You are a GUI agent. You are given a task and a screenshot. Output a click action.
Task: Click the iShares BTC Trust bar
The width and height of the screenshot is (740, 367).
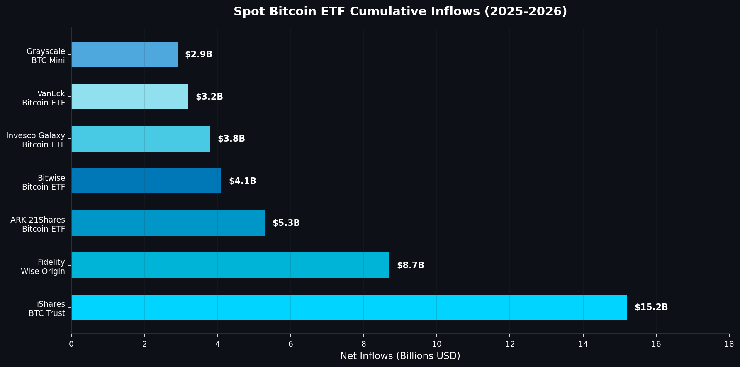[x=348, y=307]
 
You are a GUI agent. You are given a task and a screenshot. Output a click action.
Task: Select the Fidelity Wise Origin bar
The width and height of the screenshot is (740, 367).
[x=230, y=265]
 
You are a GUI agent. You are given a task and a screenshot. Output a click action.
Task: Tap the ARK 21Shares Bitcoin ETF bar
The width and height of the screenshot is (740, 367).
[x=168, y=223]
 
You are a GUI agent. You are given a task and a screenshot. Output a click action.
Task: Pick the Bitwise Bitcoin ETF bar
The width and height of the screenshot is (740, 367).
[x=146, y=181]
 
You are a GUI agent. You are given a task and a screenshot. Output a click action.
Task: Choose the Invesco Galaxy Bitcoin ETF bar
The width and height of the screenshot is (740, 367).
[x=141, y=139]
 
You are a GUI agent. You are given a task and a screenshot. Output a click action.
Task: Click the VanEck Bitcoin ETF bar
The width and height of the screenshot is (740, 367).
[x=130, y=96]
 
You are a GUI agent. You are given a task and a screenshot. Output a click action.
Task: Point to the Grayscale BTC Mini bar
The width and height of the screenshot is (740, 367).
[x=124, y=54]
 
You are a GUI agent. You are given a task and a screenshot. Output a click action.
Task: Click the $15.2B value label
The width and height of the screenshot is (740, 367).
[x=651, y=307]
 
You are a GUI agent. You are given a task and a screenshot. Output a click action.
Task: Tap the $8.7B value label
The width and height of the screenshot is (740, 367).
[x=410, y=265]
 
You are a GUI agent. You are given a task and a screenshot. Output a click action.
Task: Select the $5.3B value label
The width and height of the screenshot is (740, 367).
[x=286, y=223]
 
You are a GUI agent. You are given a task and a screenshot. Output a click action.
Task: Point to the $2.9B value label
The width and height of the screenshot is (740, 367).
[x=198, y=54]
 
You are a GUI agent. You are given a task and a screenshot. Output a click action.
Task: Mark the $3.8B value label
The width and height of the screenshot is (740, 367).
[x=231, y=139]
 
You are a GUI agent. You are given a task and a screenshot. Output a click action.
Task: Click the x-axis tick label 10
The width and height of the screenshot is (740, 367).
[x=436, y=344]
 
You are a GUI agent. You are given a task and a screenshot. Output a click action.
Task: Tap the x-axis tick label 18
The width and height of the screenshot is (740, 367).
[x=729, y=344]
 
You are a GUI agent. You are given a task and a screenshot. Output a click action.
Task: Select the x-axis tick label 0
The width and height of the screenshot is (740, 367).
[x=71, y=344]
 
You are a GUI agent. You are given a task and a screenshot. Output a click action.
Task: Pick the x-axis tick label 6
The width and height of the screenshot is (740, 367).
[x=290, y=344]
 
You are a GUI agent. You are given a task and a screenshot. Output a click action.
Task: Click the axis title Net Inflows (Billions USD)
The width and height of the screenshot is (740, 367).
[x=400, y=356]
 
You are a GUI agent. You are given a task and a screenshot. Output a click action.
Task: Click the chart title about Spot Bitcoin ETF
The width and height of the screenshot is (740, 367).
[x=400, y=11]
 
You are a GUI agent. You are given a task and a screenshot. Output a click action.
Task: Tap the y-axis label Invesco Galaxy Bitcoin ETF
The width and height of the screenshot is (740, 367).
[x=36, y=140]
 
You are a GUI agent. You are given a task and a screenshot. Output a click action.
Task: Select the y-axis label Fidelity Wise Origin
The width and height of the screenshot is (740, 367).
[x=43, y=267]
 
